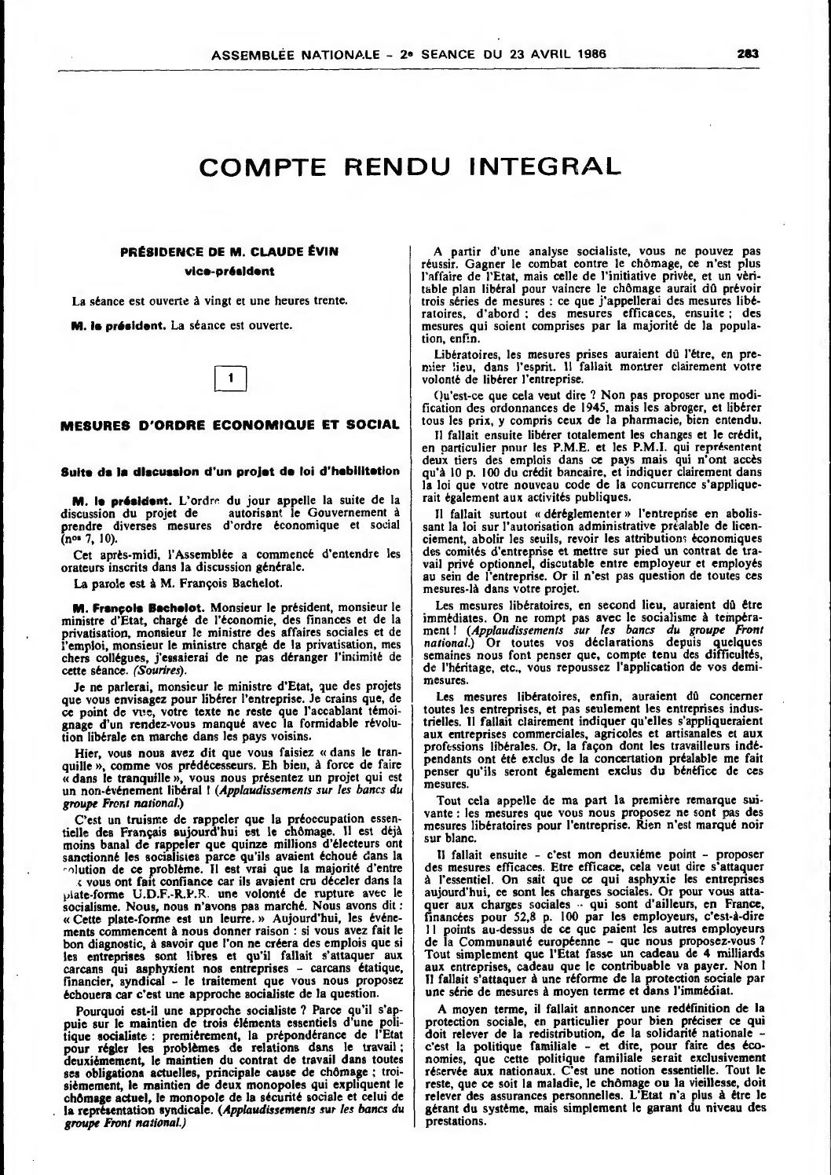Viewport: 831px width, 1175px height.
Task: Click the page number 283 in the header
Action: tap(747, 54)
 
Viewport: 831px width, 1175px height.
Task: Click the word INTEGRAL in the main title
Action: tap(544, 167)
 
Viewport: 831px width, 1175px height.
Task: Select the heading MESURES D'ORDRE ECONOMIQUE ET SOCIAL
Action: tap(230, 425)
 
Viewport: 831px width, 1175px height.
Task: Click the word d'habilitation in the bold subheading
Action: tap(357, 471)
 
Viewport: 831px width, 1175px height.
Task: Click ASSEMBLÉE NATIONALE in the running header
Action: tap(288, 54)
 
